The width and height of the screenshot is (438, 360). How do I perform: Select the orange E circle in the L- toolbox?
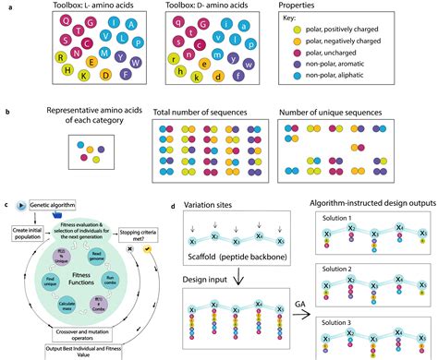coord(91,61)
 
